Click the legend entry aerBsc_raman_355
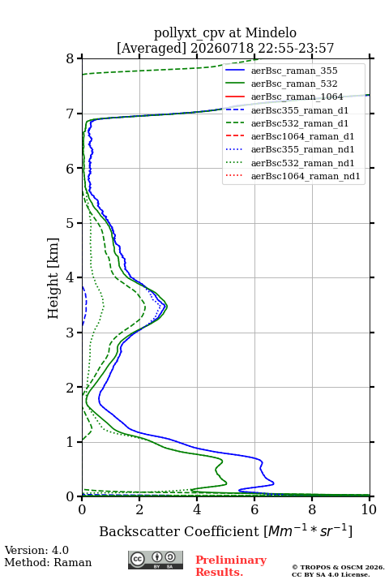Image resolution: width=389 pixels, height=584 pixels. point(294,71)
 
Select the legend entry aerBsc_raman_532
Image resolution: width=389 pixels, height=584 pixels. point(294,84)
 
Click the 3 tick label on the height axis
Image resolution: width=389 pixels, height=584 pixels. point(71,333)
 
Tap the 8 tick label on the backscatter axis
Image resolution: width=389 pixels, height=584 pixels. point(312,509)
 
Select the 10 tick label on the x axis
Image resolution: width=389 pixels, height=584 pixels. point(369,509)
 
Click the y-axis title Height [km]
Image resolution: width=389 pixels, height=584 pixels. point(53,278)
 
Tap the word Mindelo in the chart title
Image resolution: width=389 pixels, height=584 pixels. point(271,32)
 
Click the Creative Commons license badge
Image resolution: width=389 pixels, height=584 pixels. point(156,560)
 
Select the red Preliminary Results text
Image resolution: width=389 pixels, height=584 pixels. point(231,566)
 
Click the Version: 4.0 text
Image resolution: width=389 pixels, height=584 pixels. point(36,550)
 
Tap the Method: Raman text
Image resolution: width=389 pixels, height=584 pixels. point(48,562)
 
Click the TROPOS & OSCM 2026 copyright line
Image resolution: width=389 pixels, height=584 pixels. point(338,567)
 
